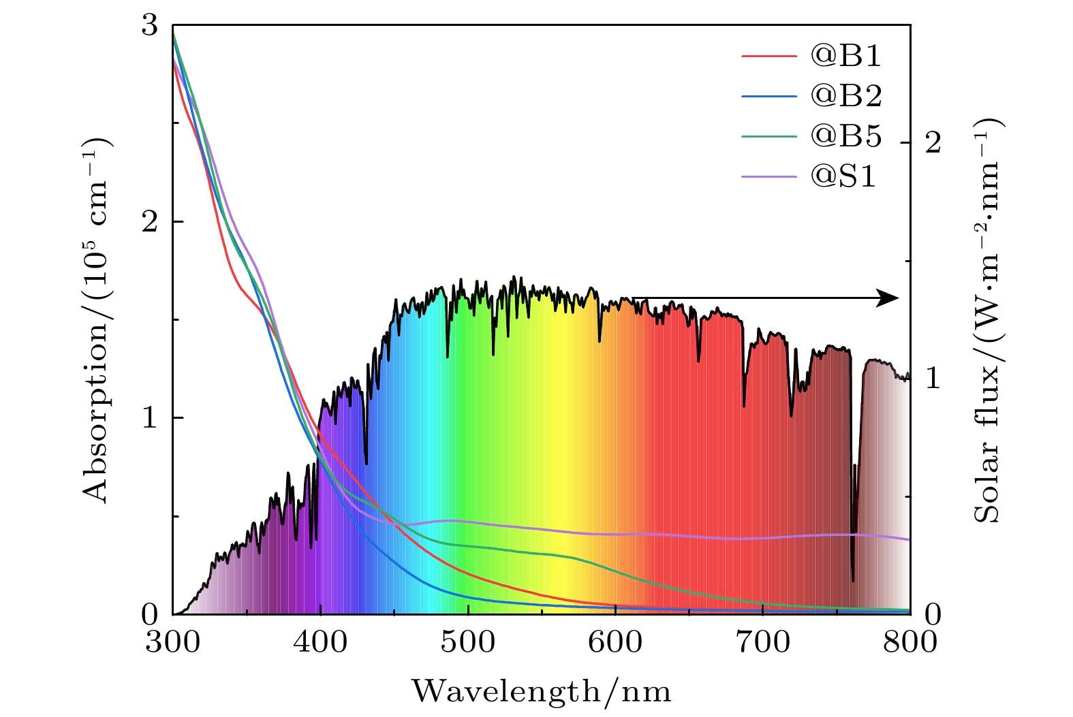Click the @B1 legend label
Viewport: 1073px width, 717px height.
click(x=845, y=56)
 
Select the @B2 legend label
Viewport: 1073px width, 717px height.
click(x=845, y=96)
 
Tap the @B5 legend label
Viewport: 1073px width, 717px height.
click(x=845, y=136)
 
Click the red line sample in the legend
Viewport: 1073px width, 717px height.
click(x=768, y=56)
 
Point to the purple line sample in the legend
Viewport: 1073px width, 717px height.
click(x=768, y=176)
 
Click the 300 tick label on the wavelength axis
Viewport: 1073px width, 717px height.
click(x=173, y=642)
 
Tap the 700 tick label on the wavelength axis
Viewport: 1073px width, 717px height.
click(x=763, y=642)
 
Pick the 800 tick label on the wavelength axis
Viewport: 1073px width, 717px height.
click(x=910, y=642)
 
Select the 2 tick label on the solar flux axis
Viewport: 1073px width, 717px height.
click(x=933, y=142)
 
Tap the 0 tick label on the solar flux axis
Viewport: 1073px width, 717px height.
click(x=933, y=614)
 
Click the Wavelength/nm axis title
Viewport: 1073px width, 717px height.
click(x=542, y=692)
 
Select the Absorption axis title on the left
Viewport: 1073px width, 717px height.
click(x=97, y=320)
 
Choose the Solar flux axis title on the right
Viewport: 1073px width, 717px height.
click(x=988, y=320)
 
